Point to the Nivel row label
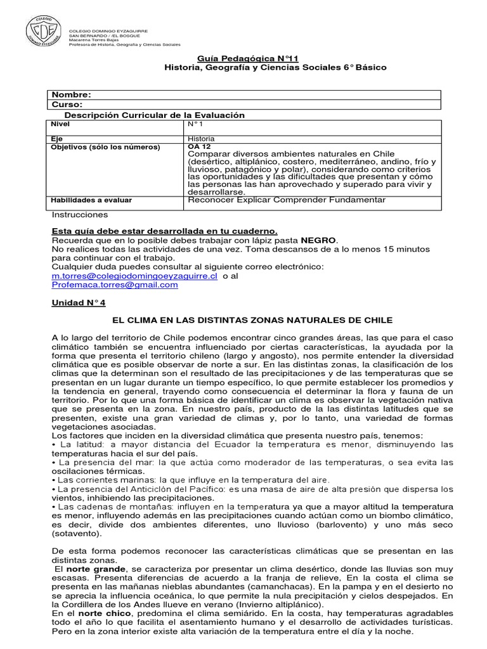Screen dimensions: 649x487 pyautogui.click(x=60, y=125)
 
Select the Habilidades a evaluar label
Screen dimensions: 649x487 pyautogui.click(x=91, y=200)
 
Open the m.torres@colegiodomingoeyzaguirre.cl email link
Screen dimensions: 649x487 pyautogui.click(x=134, y=276)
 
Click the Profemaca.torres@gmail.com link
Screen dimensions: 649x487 pyautogui.click(x=115, y=285)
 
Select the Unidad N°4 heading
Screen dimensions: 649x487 pyautogui.click(x=78, y=303)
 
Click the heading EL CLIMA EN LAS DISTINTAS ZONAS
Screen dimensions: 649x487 pyautogui.click(x=252, y=320)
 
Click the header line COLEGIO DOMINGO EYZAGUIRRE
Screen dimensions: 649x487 pyautogui.click(x=108, y=30)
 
